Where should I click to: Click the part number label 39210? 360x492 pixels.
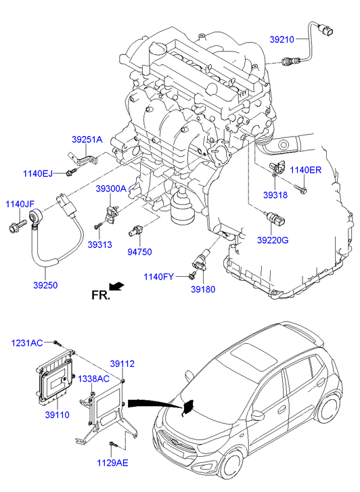click(282, 39)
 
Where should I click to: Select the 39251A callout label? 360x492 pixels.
click(87, 139)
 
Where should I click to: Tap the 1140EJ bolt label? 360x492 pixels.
click(38, 173)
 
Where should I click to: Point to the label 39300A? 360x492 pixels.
click(111, 189)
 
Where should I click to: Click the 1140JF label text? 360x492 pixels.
click(20, 204)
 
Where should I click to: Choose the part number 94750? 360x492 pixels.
click(139, 252)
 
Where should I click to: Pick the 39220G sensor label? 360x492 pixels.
click(273, 240)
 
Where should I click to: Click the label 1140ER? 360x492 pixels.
click(305, 170)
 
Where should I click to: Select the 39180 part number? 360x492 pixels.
click(203, 289)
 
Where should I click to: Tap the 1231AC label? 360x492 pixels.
click(27, 343)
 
